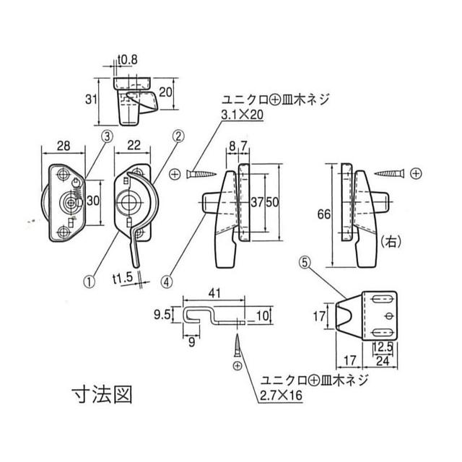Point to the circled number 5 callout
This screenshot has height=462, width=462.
tap(305, 264)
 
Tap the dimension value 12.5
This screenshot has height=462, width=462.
tap(382, 347)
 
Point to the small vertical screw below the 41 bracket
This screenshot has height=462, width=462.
tap(237, 349)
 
